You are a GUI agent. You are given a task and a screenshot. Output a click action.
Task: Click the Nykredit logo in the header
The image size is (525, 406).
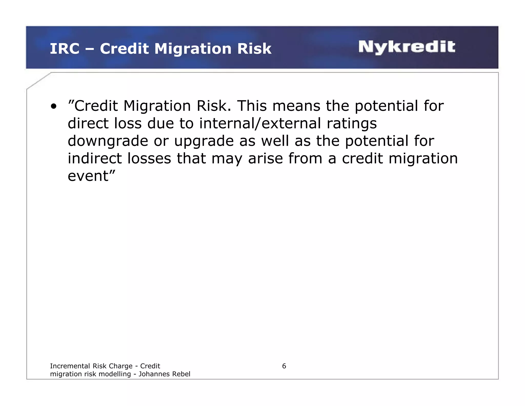[x=407, y=47]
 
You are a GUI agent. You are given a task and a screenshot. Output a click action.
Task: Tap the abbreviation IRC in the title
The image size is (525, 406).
[x=64, y=49]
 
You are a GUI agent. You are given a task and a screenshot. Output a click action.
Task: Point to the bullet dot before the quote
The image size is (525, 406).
[x=53, y=106]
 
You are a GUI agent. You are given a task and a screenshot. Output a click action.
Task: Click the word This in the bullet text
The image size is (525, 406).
[x=252, y=106]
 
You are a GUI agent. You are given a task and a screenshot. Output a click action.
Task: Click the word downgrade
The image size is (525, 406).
[x=108, y=141]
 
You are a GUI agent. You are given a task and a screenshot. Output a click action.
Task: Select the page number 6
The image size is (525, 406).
[x=284, y=366]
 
